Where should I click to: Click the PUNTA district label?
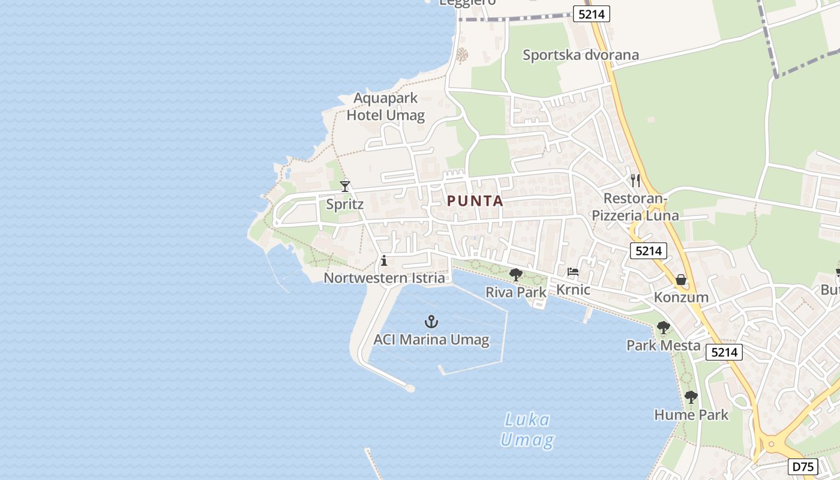pyautogui.click(x=475, y=202)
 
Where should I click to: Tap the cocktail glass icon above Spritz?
pyautogui.click(x=345, y=187)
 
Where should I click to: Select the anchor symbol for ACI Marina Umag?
pyautogui.click(x=431, y=322)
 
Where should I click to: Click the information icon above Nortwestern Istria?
pyautogui.click(x=384, y=260)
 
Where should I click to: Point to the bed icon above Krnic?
pyautogui.click(x=573, y=272)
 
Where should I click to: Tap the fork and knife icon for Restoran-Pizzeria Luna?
pyautogui.click(x=635, y=180)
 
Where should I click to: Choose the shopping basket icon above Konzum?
pyautogui.click(x=681, y=280)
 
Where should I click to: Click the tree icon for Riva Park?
pyautogui.click(x=515, y=275)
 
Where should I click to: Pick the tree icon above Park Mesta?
pyautogui.click(x=663, y=328)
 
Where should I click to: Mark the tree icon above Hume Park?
pyautogui.click(x=691, y=397)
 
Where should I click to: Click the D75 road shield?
pyautogui.click(x=803, y=466)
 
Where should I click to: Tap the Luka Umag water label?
pyautogui.click(x=527, y=430)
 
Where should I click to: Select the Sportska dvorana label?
pyautogui.click(x=581, y=55)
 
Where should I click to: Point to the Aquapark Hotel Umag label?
pyautogui.click(x=385, y=107)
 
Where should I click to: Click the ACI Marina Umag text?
pyautogui.click(x=431, y=340)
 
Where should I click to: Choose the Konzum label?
pyautogui.click(x=681, y=297)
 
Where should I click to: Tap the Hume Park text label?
pyautogui.click(x=691, y=415)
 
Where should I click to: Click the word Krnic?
pyautogui.click(x=573, y=290)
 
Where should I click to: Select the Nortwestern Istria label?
pyautogui.click(x=384, y=278)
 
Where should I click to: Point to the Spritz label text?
pyautogui.click(x=345, y=204)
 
